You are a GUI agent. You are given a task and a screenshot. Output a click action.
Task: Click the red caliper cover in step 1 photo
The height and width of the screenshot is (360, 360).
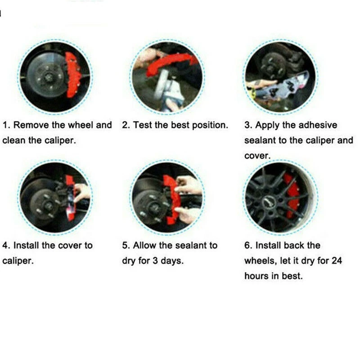(x=72, y=75)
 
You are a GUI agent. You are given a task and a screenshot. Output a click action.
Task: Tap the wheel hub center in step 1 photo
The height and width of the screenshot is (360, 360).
(x=48, y=77)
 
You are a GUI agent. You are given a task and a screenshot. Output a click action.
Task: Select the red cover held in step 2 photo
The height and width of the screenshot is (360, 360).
(x=171, y=64)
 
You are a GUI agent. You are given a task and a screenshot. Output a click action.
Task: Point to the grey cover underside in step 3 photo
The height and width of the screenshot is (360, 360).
(x=283, y=88)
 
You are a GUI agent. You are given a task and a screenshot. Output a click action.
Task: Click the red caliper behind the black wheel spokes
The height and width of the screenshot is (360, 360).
(x=291, y=195)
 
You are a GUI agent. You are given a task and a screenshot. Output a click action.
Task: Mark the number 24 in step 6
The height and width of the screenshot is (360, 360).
(x=336, y=261)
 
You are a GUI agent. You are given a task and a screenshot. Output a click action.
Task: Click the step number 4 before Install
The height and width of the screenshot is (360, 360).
(x=5, y=245)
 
